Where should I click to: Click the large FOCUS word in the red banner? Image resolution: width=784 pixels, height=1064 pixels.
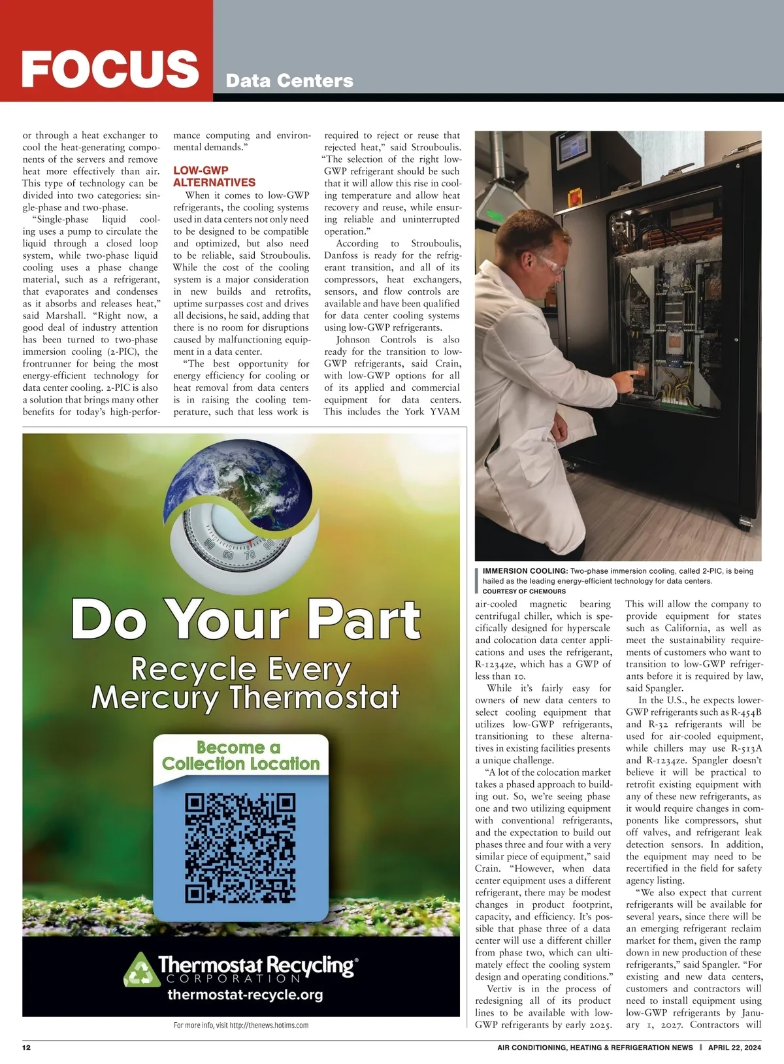click(110, 69)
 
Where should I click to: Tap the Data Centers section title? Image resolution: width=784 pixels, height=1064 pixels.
click(289, 81)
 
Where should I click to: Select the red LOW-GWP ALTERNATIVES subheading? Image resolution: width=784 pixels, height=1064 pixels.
click(214, 176)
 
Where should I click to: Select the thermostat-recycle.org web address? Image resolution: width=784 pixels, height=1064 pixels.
click(245, 995)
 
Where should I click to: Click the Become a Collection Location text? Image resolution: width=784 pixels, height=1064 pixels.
click(240, 756)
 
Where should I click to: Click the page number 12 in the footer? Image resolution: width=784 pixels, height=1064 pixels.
click(27, 1048)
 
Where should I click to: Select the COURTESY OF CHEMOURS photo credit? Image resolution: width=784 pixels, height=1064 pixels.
click(524, 591)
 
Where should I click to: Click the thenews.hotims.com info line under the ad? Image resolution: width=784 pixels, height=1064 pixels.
click(240, 1025)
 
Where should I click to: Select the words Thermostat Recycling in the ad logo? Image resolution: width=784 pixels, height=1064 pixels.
click(255, 965)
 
